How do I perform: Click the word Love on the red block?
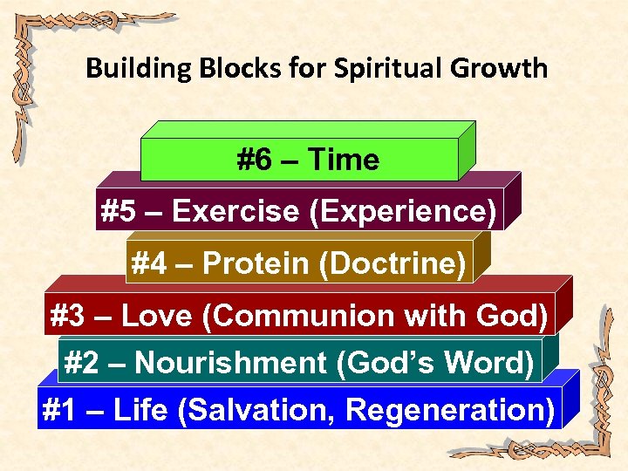[157, 316]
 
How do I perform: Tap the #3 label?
[69, 316]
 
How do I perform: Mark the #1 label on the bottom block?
[60, 409]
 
